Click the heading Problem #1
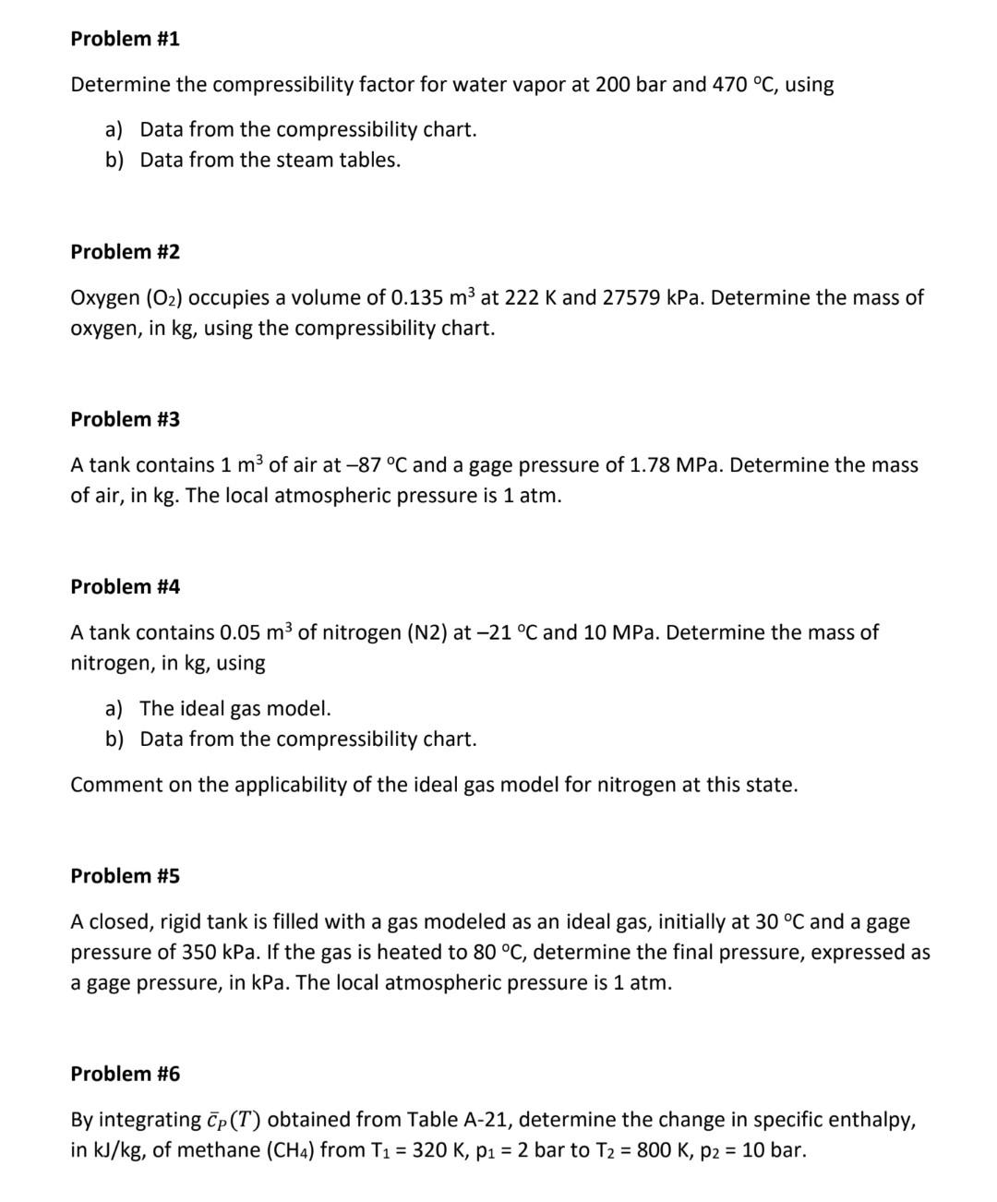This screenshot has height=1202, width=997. [125, 39]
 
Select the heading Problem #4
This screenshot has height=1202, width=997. [125, 586]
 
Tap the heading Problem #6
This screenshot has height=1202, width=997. [125, 1074]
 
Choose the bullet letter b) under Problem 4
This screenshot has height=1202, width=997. [114, 739]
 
